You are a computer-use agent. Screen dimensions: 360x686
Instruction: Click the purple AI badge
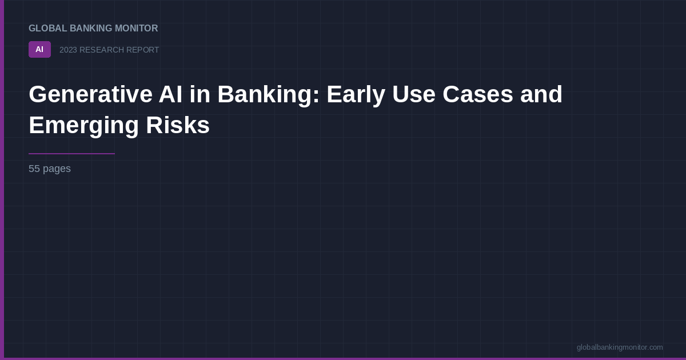point(39,50)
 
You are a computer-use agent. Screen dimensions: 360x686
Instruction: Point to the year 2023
point(68,50)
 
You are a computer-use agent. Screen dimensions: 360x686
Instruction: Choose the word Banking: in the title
point(268,94)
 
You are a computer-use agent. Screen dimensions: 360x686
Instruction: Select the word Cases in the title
point(478,94)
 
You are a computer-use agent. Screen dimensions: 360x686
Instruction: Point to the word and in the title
point(541,94)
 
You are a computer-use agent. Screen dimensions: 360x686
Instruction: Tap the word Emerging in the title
point(83,125)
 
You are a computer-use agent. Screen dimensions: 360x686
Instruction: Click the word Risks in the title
point(178,125)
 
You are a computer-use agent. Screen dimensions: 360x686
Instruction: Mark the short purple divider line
point(71,154)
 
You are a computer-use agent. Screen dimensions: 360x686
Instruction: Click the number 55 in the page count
point(34,169)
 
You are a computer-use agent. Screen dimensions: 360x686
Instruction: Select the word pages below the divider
point(57,169)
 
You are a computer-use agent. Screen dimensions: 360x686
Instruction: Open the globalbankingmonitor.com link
point(620,347)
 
